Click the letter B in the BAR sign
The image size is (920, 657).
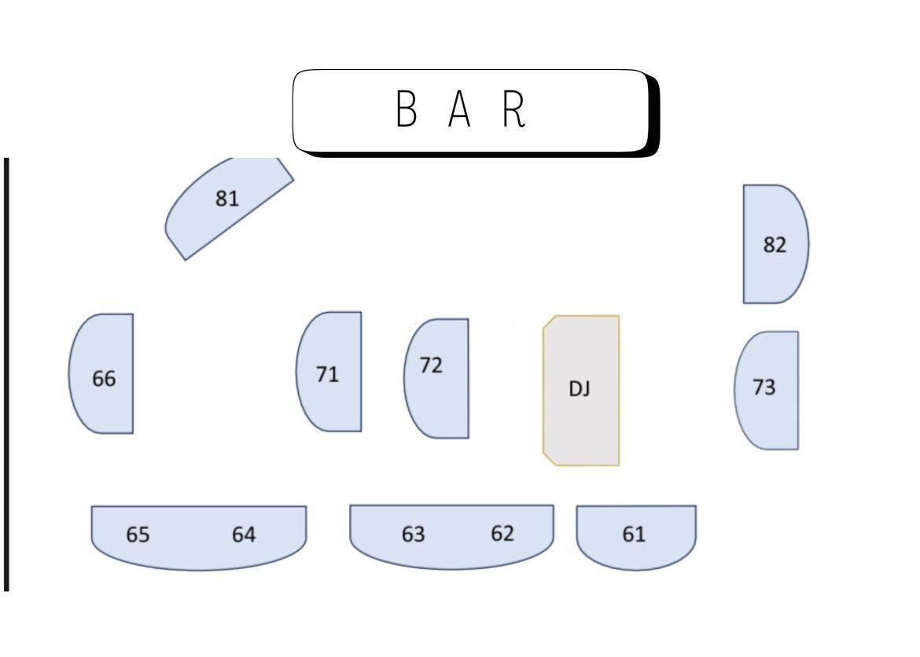[406, 109]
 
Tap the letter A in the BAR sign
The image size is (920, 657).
[459, 109]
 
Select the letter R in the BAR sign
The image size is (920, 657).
[513, 109]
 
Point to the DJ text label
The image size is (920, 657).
[580, 388]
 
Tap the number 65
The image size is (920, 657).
[138, 535]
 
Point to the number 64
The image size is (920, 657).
[244, 535]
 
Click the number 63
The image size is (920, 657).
[413, 534]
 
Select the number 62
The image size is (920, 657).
[502, 534]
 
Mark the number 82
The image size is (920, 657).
[775, 245]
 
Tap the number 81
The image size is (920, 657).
[226, 199]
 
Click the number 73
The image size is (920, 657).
[764, 387]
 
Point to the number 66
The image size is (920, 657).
[104, 379]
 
